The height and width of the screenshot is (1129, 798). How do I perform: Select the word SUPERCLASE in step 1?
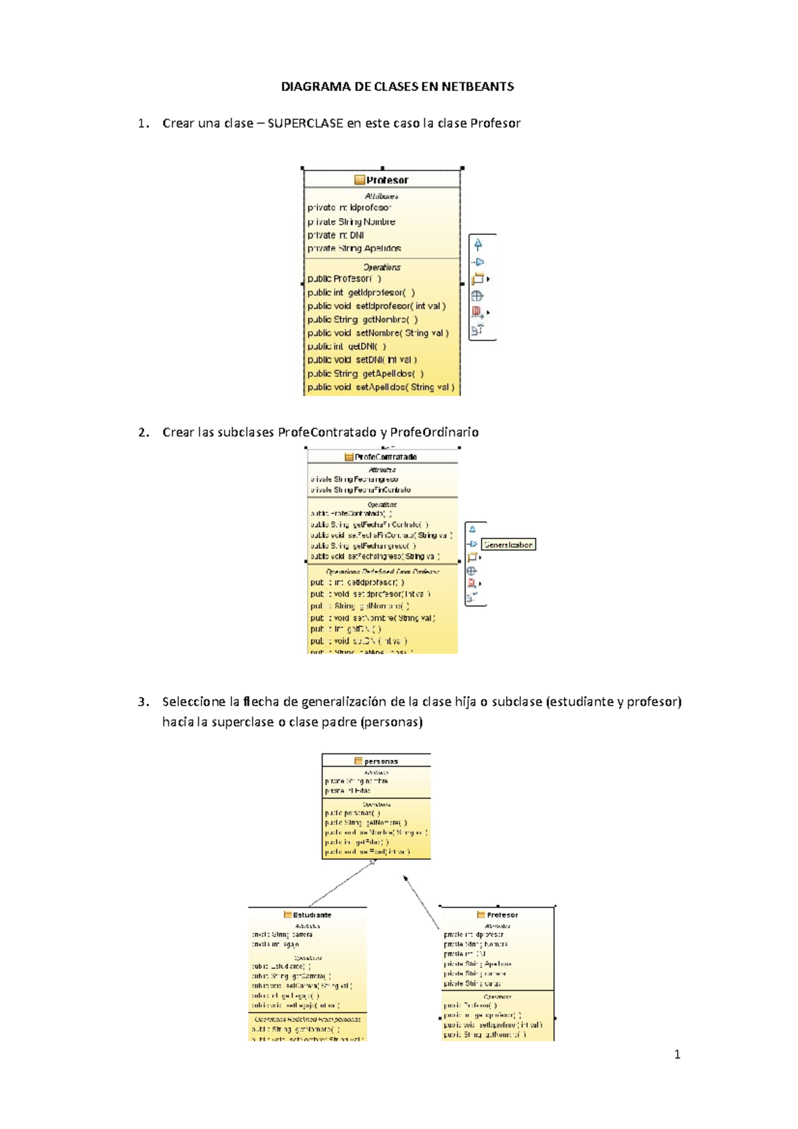point(305,123)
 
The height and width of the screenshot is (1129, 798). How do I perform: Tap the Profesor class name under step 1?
point(387,180)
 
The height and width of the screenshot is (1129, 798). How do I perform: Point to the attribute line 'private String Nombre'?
point(351,221)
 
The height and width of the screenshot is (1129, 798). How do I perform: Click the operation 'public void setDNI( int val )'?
point(362,360)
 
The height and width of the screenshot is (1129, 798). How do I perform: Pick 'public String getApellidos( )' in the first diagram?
point(365,374)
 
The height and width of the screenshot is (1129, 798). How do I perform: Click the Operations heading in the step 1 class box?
point(382,267)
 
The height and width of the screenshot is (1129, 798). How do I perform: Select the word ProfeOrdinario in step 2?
point(434,432)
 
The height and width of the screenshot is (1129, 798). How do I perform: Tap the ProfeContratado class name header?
point(386,457)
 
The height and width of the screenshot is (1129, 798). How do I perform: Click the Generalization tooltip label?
point(508,545)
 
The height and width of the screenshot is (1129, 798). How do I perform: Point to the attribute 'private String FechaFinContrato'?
point(360,490)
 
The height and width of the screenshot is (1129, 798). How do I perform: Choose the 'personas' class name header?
point(380,761)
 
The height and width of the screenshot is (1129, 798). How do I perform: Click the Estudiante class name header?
point(312,915)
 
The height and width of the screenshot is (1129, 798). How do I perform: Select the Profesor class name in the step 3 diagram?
point(502,915)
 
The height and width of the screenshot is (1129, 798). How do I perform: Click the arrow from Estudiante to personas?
point(342,883)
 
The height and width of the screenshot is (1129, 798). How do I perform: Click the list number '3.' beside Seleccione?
point(144,701)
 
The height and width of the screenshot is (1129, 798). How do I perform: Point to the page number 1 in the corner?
point(677,1054)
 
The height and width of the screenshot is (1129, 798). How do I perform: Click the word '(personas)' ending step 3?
point(391,722)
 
